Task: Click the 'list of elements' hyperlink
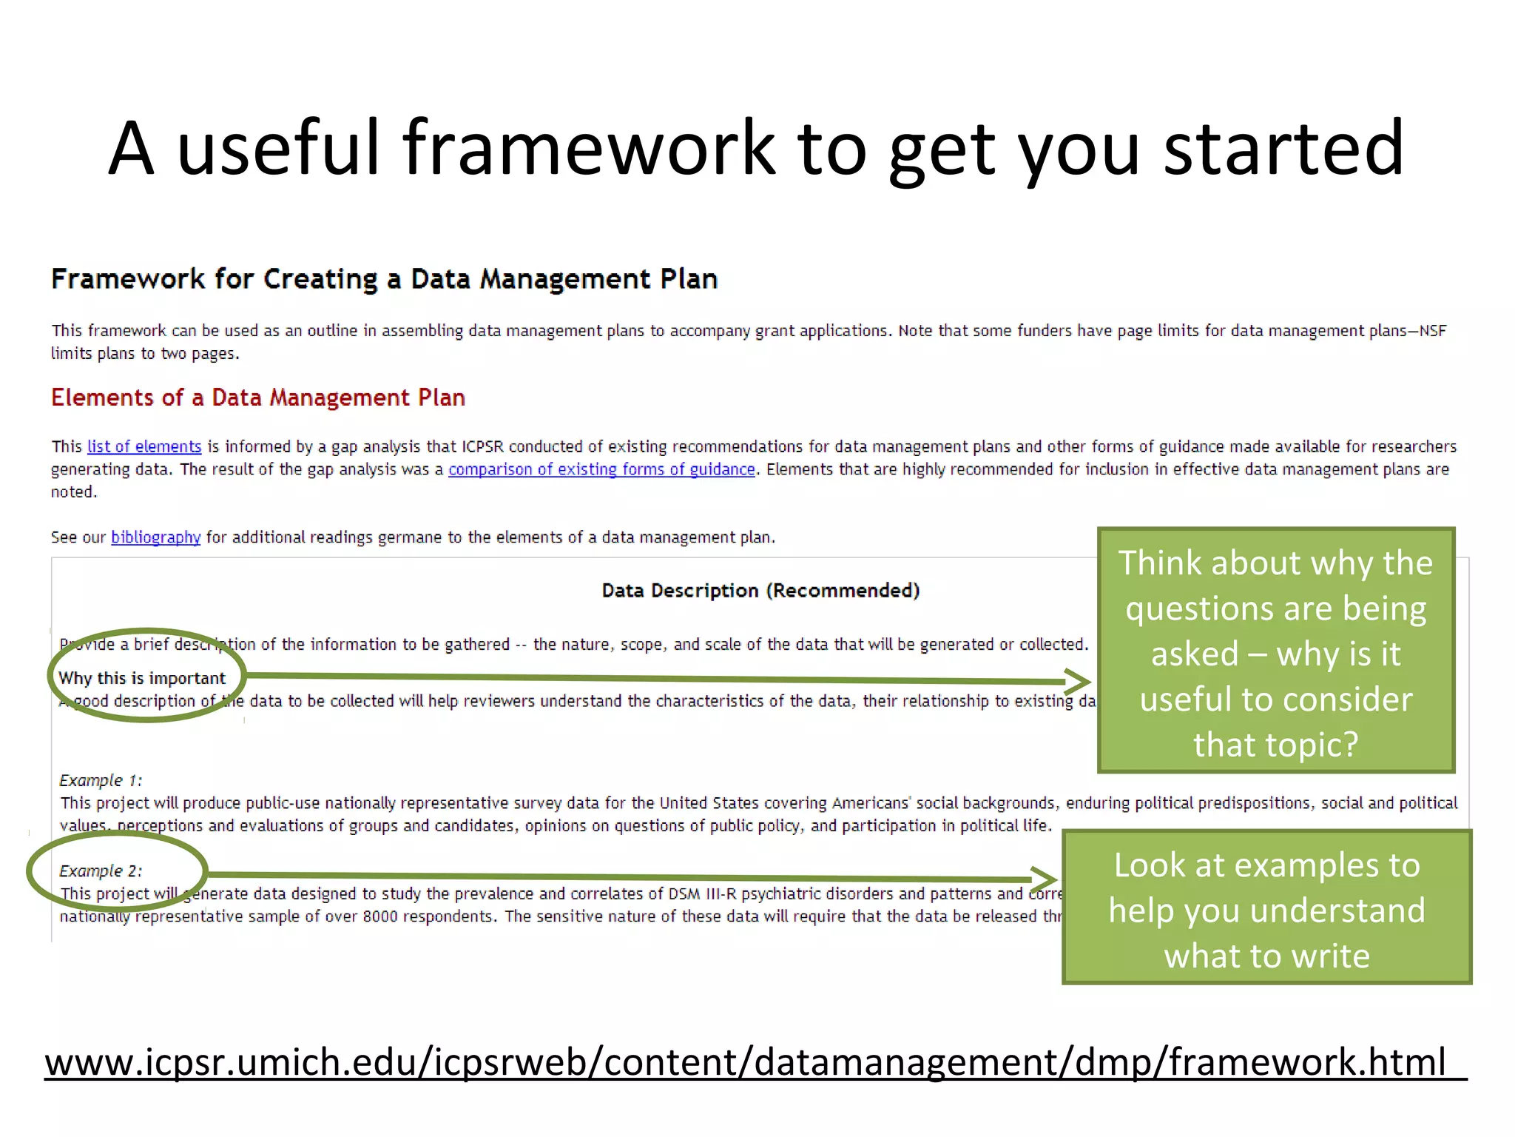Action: [144, 446]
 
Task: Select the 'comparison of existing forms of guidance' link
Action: [601, 469]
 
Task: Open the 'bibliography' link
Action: [155, 537]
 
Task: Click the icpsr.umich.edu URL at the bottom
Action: [745, 1061]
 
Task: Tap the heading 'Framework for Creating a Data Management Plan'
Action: [384, 279]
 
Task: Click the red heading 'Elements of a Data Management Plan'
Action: [257, 398]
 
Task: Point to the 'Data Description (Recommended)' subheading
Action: [760, 590]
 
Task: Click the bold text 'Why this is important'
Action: [142, 678]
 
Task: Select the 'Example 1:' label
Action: [101, 780]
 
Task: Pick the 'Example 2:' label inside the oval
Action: [101, 871]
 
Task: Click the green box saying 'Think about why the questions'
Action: [1275, 651]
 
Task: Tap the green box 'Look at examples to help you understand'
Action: [1266, 908]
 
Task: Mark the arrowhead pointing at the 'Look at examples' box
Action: [1044, 879]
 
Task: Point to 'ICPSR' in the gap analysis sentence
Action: [482, 446]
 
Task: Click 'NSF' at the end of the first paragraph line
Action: [1432, 331]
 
